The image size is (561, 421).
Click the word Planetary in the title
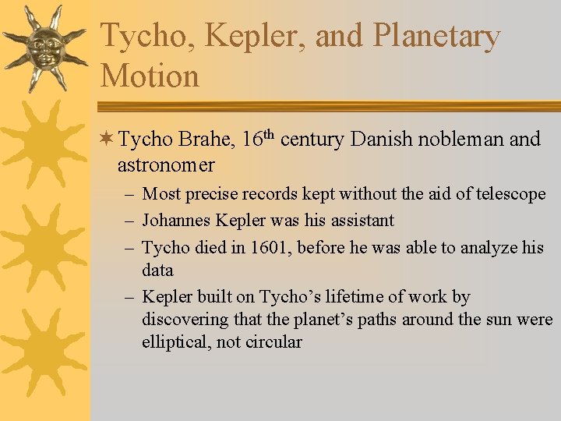pyautogui.click(x=436, y=37)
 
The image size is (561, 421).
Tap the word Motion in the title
pyautogui.click(x=150, y=76)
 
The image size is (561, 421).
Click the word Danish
pyautogui.click(x=383, y=140)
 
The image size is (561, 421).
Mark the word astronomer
pyautogui.click(x=166, y=165)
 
